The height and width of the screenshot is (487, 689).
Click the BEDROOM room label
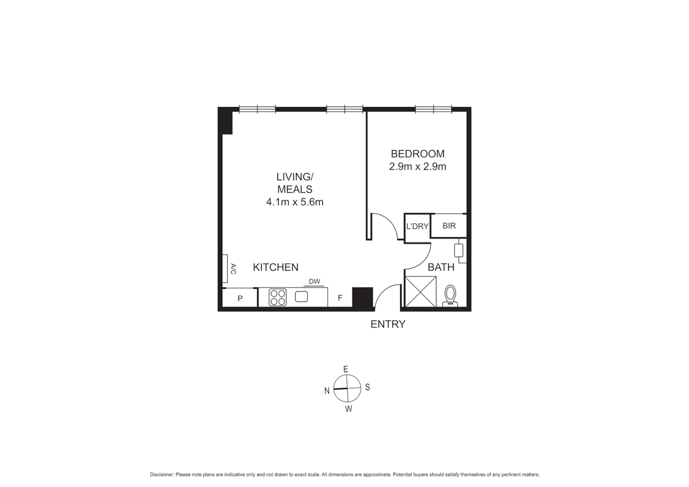tap(417, 154)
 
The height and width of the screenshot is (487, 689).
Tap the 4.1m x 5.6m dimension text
tap(294, 202)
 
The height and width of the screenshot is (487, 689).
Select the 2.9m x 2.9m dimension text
tap(417, 166)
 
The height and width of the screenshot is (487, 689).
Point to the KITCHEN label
tap(276, 267)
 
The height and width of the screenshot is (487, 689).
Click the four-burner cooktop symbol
tap(278, 298)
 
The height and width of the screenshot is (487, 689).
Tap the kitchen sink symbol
tap(301, 297)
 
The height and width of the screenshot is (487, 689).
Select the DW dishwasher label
tap(314, 282)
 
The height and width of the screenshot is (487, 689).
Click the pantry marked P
tap(240, 298)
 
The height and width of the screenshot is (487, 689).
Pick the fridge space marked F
tap(340, 298)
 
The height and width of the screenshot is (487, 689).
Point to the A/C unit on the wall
tap(225, 269)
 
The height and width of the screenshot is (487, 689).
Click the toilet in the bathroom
tap(450, 296)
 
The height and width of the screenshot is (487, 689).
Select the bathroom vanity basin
tap(459, 250)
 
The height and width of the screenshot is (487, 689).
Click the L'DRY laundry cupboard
tap(417, 226)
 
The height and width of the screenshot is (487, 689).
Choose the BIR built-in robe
tap(449, 225)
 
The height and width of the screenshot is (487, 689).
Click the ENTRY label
tap(388, 324)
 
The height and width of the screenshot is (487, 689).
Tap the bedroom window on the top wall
tap(433, 109)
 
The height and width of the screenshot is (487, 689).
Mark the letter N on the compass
tap(327, 391)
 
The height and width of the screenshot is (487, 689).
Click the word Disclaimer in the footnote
tap(161, 474)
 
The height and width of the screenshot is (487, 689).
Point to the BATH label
tap(441, 267)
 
